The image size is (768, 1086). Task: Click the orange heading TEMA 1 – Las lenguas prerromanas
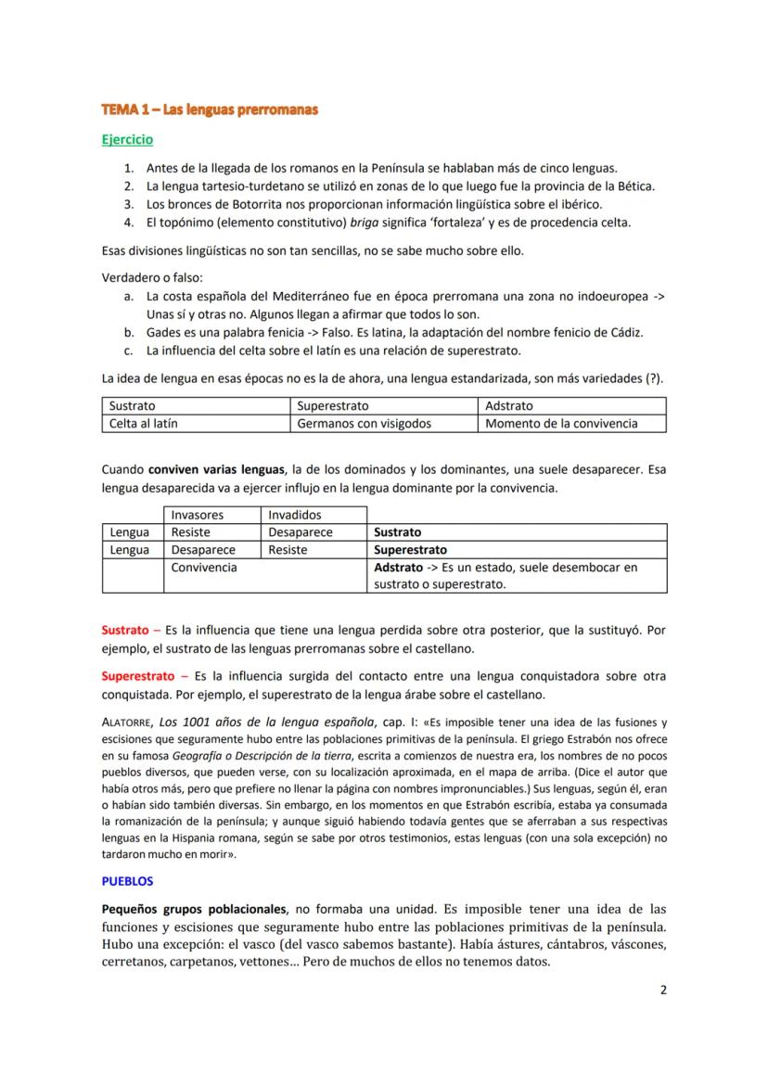pyautogui.click(x=210, y=109)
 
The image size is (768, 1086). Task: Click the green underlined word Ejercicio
pyautogui.click(x=127, y=140)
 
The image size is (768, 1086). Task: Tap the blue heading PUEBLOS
pyautogui.click(x=127, y=881)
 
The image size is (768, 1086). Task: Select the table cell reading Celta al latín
pyautogui.click(x=143, y=423)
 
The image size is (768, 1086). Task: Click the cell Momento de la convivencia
pyautogui.click(x=561, y=423)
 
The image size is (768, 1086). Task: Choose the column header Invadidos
pyautogui.click(x=295, y=515)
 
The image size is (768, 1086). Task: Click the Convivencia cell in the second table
pyautogui.click(x=204, y=568)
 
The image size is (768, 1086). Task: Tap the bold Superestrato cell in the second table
pyautogui.click(x=410, y=550)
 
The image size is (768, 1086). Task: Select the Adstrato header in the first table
pyautogui.click(x=508, y=406)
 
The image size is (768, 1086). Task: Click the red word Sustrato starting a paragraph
pyautogui.click(x=124, y=631)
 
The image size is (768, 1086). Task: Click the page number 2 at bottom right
pyautogui.click(x=663, y=989)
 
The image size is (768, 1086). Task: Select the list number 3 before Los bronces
pyautogui.click(x=129, y=204)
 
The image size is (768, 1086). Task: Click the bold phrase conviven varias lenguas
pyautogui.click(x=216, y=469)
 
